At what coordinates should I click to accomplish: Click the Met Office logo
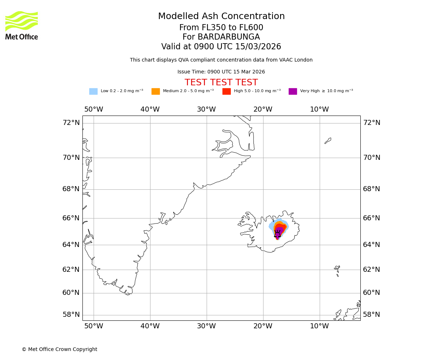click(22, 25)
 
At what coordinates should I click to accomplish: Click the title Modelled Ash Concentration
click(221, 17)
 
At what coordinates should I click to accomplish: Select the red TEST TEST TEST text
click(221, 82)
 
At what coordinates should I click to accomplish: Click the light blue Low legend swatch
click(93, 91)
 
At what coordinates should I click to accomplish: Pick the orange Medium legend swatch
click(156, 91)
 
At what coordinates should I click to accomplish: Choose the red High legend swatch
click(226, 91)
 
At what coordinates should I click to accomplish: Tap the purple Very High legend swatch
click(293, 91)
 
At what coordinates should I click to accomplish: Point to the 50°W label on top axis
click(94, 109)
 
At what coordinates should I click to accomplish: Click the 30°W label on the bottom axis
click(206, 326)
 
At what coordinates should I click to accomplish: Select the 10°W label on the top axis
click(319, 109)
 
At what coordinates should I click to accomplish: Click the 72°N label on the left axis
click(71, 123)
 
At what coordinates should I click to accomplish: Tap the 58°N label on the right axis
click(371, 315)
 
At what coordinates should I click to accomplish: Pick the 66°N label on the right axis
click(371, 218)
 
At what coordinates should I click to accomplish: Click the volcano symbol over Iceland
click(277, 234)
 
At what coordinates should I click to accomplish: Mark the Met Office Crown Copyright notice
click(59, 350)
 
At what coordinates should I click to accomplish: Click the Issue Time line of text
click(221, 72)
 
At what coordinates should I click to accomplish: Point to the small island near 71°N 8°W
click(328, 141)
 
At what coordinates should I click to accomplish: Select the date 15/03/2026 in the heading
click(258, 47)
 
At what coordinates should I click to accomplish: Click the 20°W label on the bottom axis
click(263, 326)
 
